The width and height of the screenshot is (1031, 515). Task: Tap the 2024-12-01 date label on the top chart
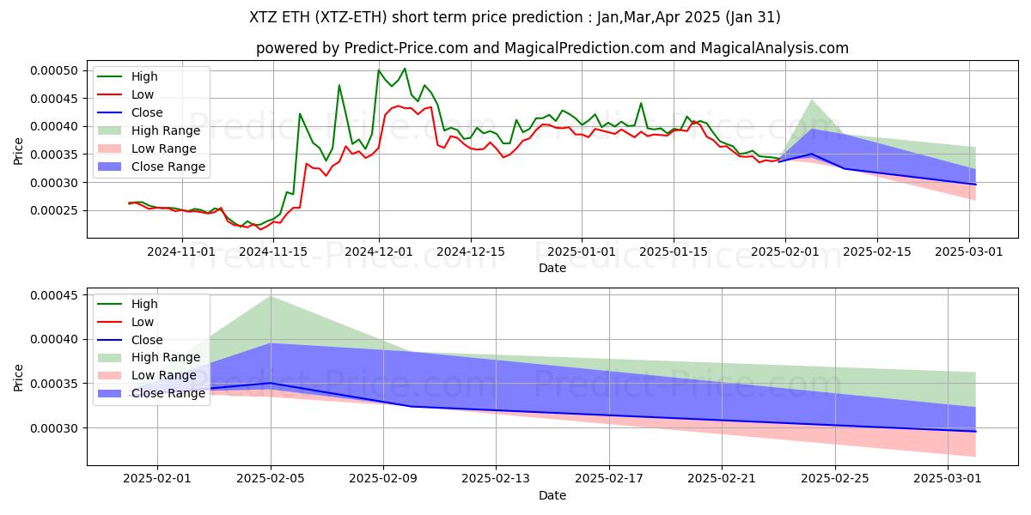tap(379, 251)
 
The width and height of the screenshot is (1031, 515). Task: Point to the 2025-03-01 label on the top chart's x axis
tap(970, 251)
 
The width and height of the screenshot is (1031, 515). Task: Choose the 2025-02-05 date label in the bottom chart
tap(271, 478)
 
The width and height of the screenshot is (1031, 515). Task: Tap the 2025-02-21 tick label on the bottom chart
tap(722, 478)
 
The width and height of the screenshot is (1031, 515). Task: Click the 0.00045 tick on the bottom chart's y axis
tap(57, 295)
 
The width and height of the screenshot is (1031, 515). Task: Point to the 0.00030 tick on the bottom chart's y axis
tap(57, 428)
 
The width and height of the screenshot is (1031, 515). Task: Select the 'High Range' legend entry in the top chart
tap(166, 130)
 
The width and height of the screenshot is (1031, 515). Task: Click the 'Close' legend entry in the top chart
tap(148, 112)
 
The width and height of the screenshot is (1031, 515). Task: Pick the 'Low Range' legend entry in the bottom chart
tap(165, 375)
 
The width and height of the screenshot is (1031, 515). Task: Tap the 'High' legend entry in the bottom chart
tap(145, 304)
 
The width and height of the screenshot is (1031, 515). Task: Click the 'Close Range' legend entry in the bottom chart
tap(169, 393)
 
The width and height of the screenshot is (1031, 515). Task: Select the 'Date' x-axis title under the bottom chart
tap(552, 495)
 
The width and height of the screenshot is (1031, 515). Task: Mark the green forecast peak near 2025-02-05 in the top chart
tap(812, 100)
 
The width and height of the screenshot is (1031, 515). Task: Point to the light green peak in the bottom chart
tap(271, 296)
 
